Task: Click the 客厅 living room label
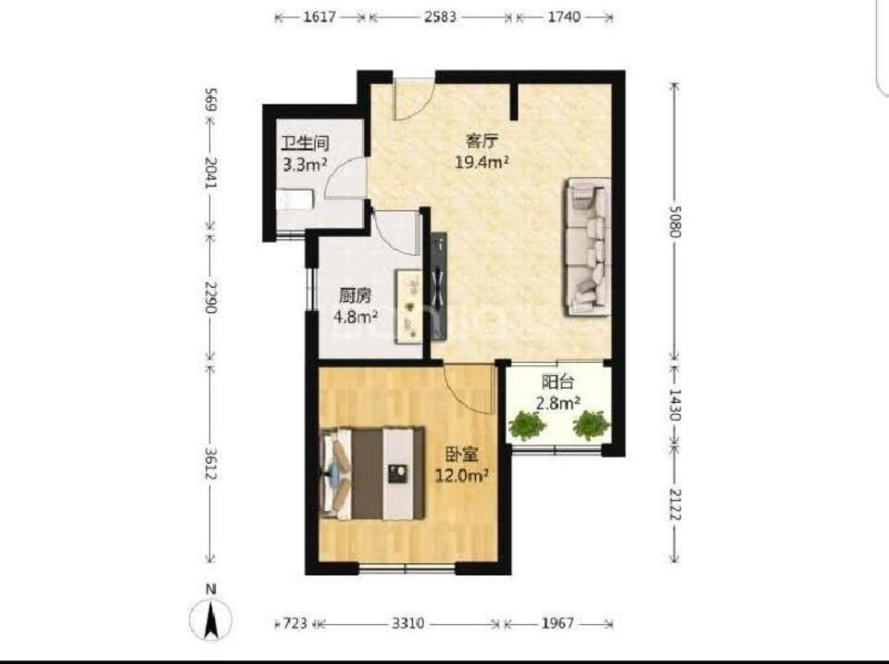point(482,141)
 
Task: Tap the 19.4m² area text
point(482,163)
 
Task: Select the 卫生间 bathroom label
point(306,143)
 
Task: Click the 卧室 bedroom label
point(461,454)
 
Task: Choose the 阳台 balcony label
point(557,382)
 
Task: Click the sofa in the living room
point(587,246)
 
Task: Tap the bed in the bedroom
point(372,473)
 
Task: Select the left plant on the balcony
point(527,426)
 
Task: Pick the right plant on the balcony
point(592,425)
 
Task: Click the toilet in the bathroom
point(294,201)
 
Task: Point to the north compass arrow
point(211,620)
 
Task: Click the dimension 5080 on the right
point(675,220)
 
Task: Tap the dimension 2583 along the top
point(441,17)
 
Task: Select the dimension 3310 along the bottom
point(408,624)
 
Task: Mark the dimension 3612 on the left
point(210,464)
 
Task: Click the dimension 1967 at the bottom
point(557,624)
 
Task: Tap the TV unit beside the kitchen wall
point(439,286)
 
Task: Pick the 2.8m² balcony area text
point(557,404)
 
